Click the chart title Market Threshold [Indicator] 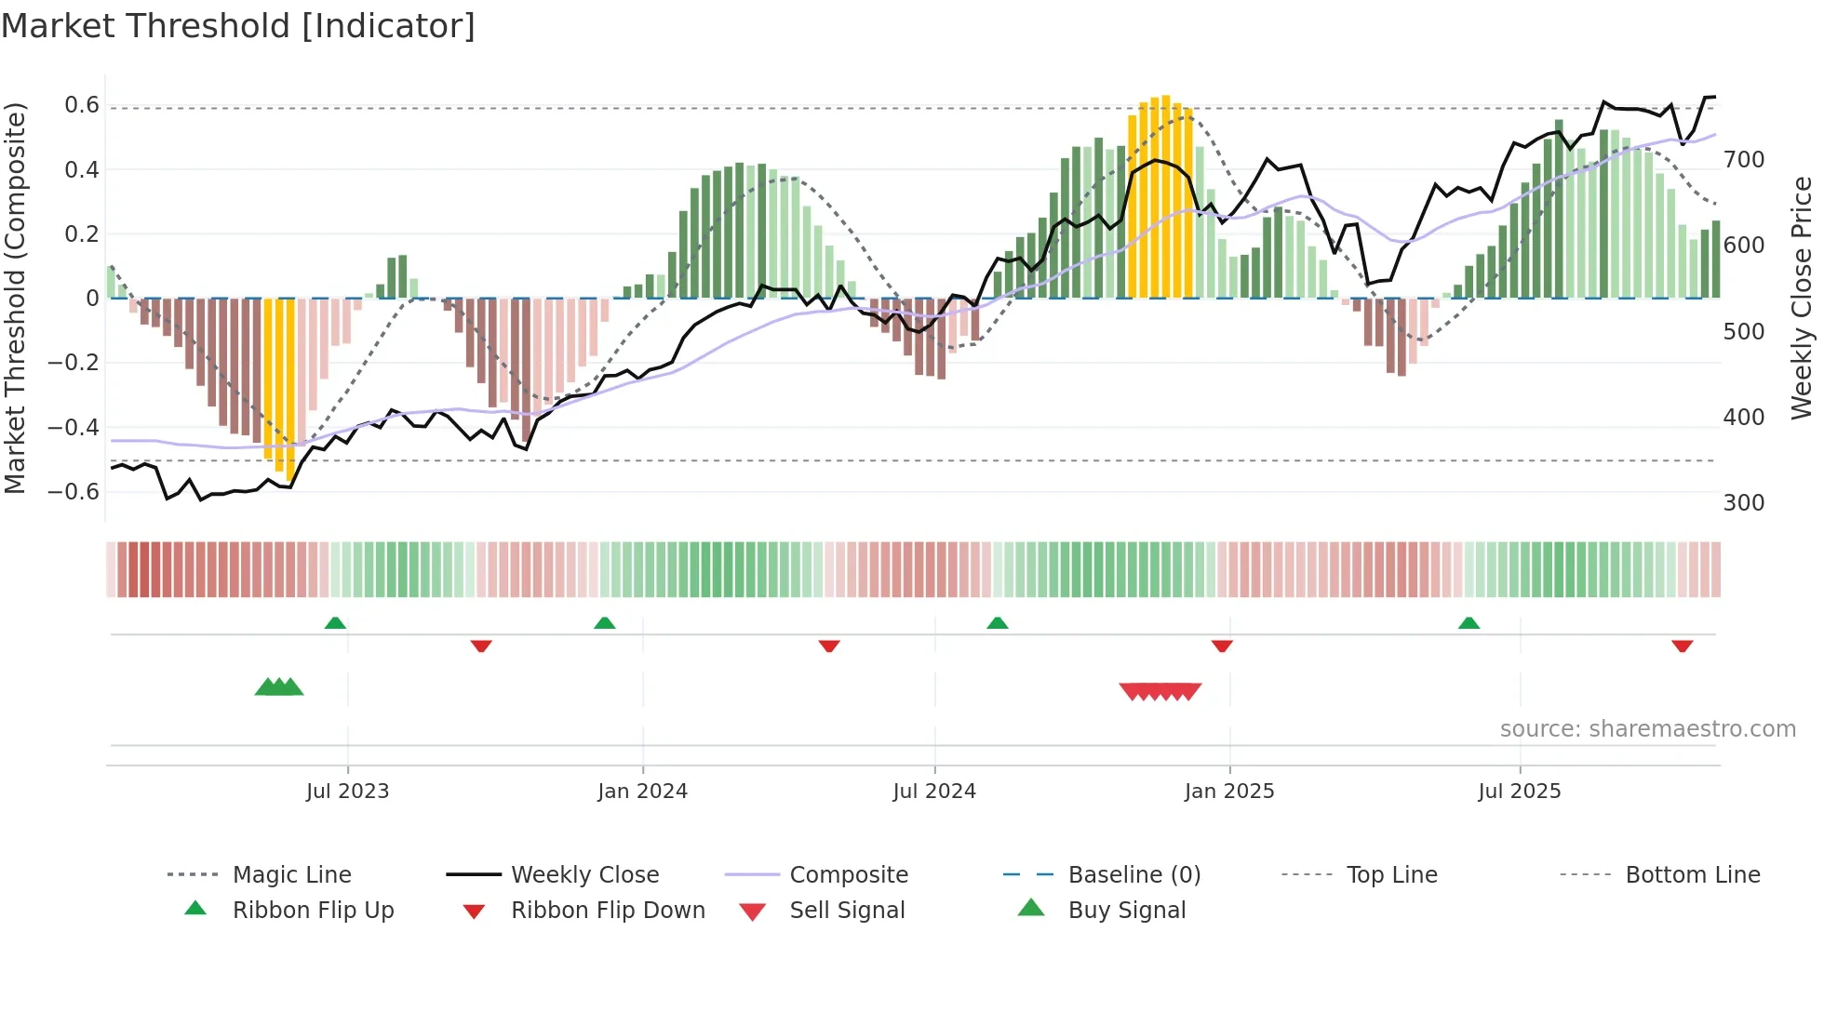click(x=238, y=26)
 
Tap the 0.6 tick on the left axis click(x=82, y=105)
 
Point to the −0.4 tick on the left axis click(x=74, y=427)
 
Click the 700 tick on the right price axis click(x=1744, y=160)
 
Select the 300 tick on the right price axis click(x=1744, y=503)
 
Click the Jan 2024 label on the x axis click(x=642, y=792)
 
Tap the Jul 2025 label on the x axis click(x=1519, y=792)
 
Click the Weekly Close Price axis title click(x=1802, y=298)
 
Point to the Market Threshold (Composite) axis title click(x=15, y=298)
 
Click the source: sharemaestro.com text click(x=1647, y=729)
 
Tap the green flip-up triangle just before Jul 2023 click(x=335, y=623)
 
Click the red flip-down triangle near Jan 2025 click(x=1222, y=646)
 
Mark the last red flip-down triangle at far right click(x=1682, y=646)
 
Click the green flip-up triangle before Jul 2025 click(x=1469, y=623)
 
